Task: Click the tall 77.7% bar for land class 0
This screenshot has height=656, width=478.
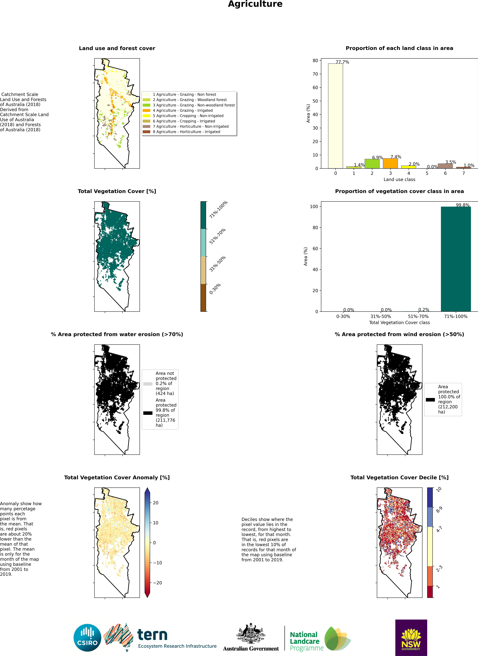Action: (x=335, y=116)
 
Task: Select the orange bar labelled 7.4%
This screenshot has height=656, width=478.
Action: (x=390, y=163)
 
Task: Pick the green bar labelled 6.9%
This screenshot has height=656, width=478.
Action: (x=372, y=164)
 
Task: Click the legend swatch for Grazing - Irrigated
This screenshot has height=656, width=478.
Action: (x=146, y=110)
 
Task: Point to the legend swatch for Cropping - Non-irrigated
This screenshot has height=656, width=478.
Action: (x=146, y=116)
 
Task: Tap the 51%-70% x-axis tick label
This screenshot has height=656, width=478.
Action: (x=418, y=316)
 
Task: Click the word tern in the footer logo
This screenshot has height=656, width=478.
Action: (x=152, y=635)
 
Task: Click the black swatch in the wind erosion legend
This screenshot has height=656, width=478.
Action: (x=430, y=400)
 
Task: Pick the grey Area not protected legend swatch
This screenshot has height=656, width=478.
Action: (x=148, y=384)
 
